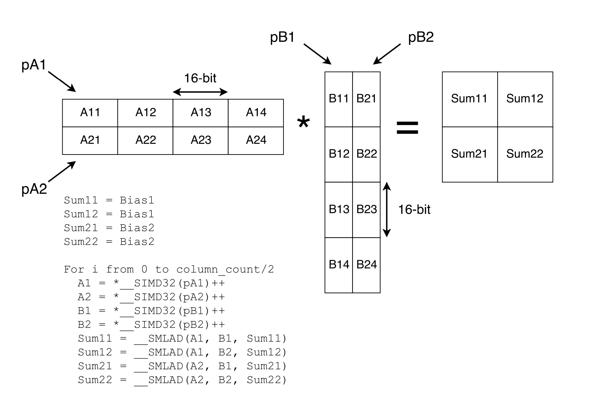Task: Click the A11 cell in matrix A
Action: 90,113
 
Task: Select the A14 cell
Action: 256,113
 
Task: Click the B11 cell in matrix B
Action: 339,99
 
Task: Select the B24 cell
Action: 366,265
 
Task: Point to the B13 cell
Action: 339,210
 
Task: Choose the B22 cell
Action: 366,154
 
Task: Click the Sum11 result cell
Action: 470,99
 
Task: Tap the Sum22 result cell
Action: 525,154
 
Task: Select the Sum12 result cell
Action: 525,99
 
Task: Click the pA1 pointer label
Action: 33,65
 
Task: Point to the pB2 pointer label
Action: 420,37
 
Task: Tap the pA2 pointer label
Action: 34,189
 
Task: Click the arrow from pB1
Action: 317,54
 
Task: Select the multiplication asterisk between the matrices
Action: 303,123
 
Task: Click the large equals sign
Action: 407,128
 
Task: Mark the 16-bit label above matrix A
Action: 200,78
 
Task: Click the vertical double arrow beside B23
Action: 387,210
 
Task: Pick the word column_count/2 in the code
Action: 225,270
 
